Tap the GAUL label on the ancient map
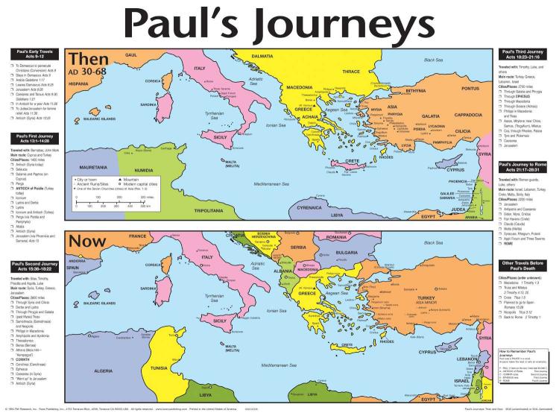pyautogui.click(x=132, y=55)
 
